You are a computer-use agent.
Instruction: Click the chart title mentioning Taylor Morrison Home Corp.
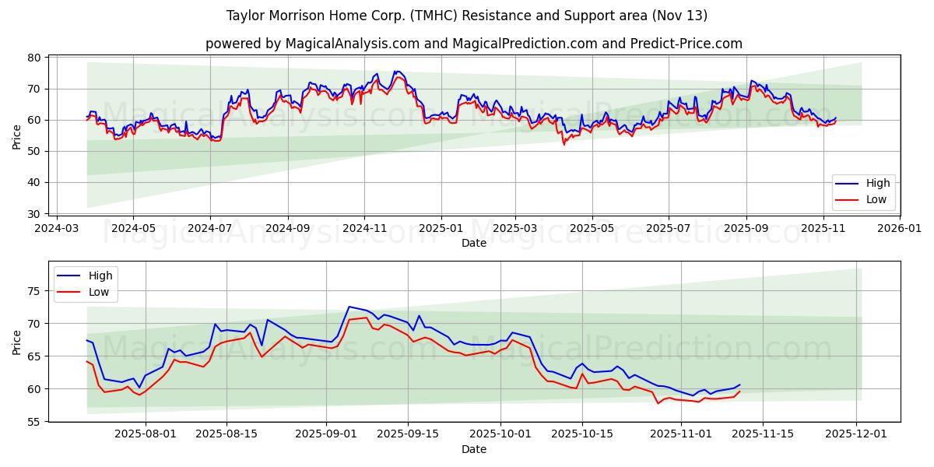pyautogui.click(x=467, y=16)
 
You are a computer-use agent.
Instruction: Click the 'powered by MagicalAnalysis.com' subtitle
pyautogui.click(x=473, y=44)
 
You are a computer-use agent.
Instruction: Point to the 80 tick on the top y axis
pyautogui.click(x=34, y=58)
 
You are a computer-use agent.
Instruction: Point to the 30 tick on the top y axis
pyautogui.click(x=34, y=213)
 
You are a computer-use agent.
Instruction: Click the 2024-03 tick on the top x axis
pyautogui.click(x=57, y=230)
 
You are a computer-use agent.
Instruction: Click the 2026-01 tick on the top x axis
pyautogui.click(x=899, y=230)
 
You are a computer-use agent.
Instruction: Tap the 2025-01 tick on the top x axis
pyautogui.click(x=441, y=230)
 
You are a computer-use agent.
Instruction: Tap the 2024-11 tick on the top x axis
pyautogui.click(x=364, y=230)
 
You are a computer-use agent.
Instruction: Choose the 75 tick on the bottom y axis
pyautogui.click(x=34, y=291)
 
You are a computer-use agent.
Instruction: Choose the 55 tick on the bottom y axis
pyautogui.click(x=34, y=421)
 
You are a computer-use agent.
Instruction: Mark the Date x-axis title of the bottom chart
pyautogui.click(x=473, y=449)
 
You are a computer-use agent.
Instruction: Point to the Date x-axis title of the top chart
pyautogui.click(x=473, y=243)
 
